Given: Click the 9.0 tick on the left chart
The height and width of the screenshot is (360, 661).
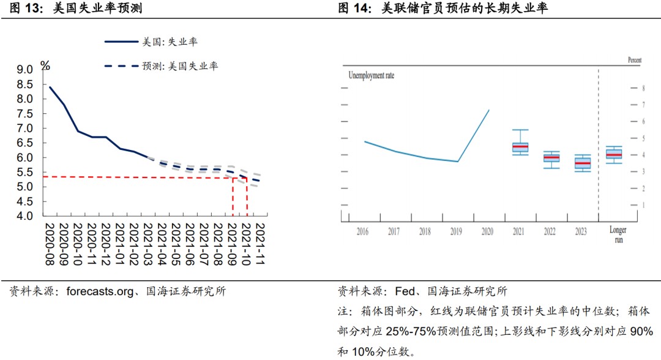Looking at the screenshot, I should pos(24,70).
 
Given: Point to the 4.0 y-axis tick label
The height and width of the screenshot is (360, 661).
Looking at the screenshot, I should pos(24,216).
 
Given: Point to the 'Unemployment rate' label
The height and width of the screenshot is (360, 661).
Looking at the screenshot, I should pos(372,75).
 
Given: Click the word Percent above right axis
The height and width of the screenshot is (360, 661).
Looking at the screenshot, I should pos(635,60).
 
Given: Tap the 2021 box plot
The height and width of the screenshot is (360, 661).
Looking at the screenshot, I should pos(520,147).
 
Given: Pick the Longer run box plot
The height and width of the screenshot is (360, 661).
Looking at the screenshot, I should pos(614,154).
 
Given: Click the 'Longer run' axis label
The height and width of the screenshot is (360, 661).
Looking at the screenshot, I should pos(618,234).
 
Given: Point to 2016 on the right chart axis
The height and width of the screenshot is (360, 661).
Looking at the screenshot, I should pos(362,231).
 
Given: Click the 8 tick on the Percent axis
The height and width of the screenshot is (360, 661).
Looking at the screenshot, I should pos(643,89).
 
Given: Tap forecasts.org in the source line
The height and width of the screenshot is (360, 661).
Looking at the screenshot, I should pos(99,291).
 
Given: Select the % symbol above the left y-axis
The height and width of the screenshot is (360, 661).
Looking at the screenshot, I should pos(45,66).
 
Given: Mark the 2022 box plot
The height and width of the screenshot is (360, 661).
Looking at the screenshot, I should pos(551,158).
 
